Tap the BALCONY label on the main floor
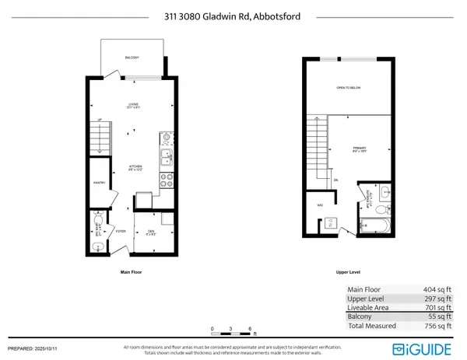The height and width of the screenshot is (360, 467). point(133,58)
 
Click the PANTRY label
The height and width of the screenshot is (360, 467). point(99,183)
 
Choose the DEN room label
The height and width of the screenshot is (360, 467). point(151,231)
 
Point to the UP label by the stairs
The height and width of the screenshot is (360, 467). point(98,119)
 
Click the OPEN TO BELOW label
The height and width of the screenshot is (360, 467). point(347,88)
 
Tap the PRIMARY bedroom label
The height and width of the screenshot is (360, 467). point(360,149)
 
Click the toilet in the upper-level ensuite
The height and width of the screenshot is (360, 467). point(381,208)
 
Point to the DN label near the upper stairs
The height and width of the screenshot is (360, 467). point(335,181)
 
